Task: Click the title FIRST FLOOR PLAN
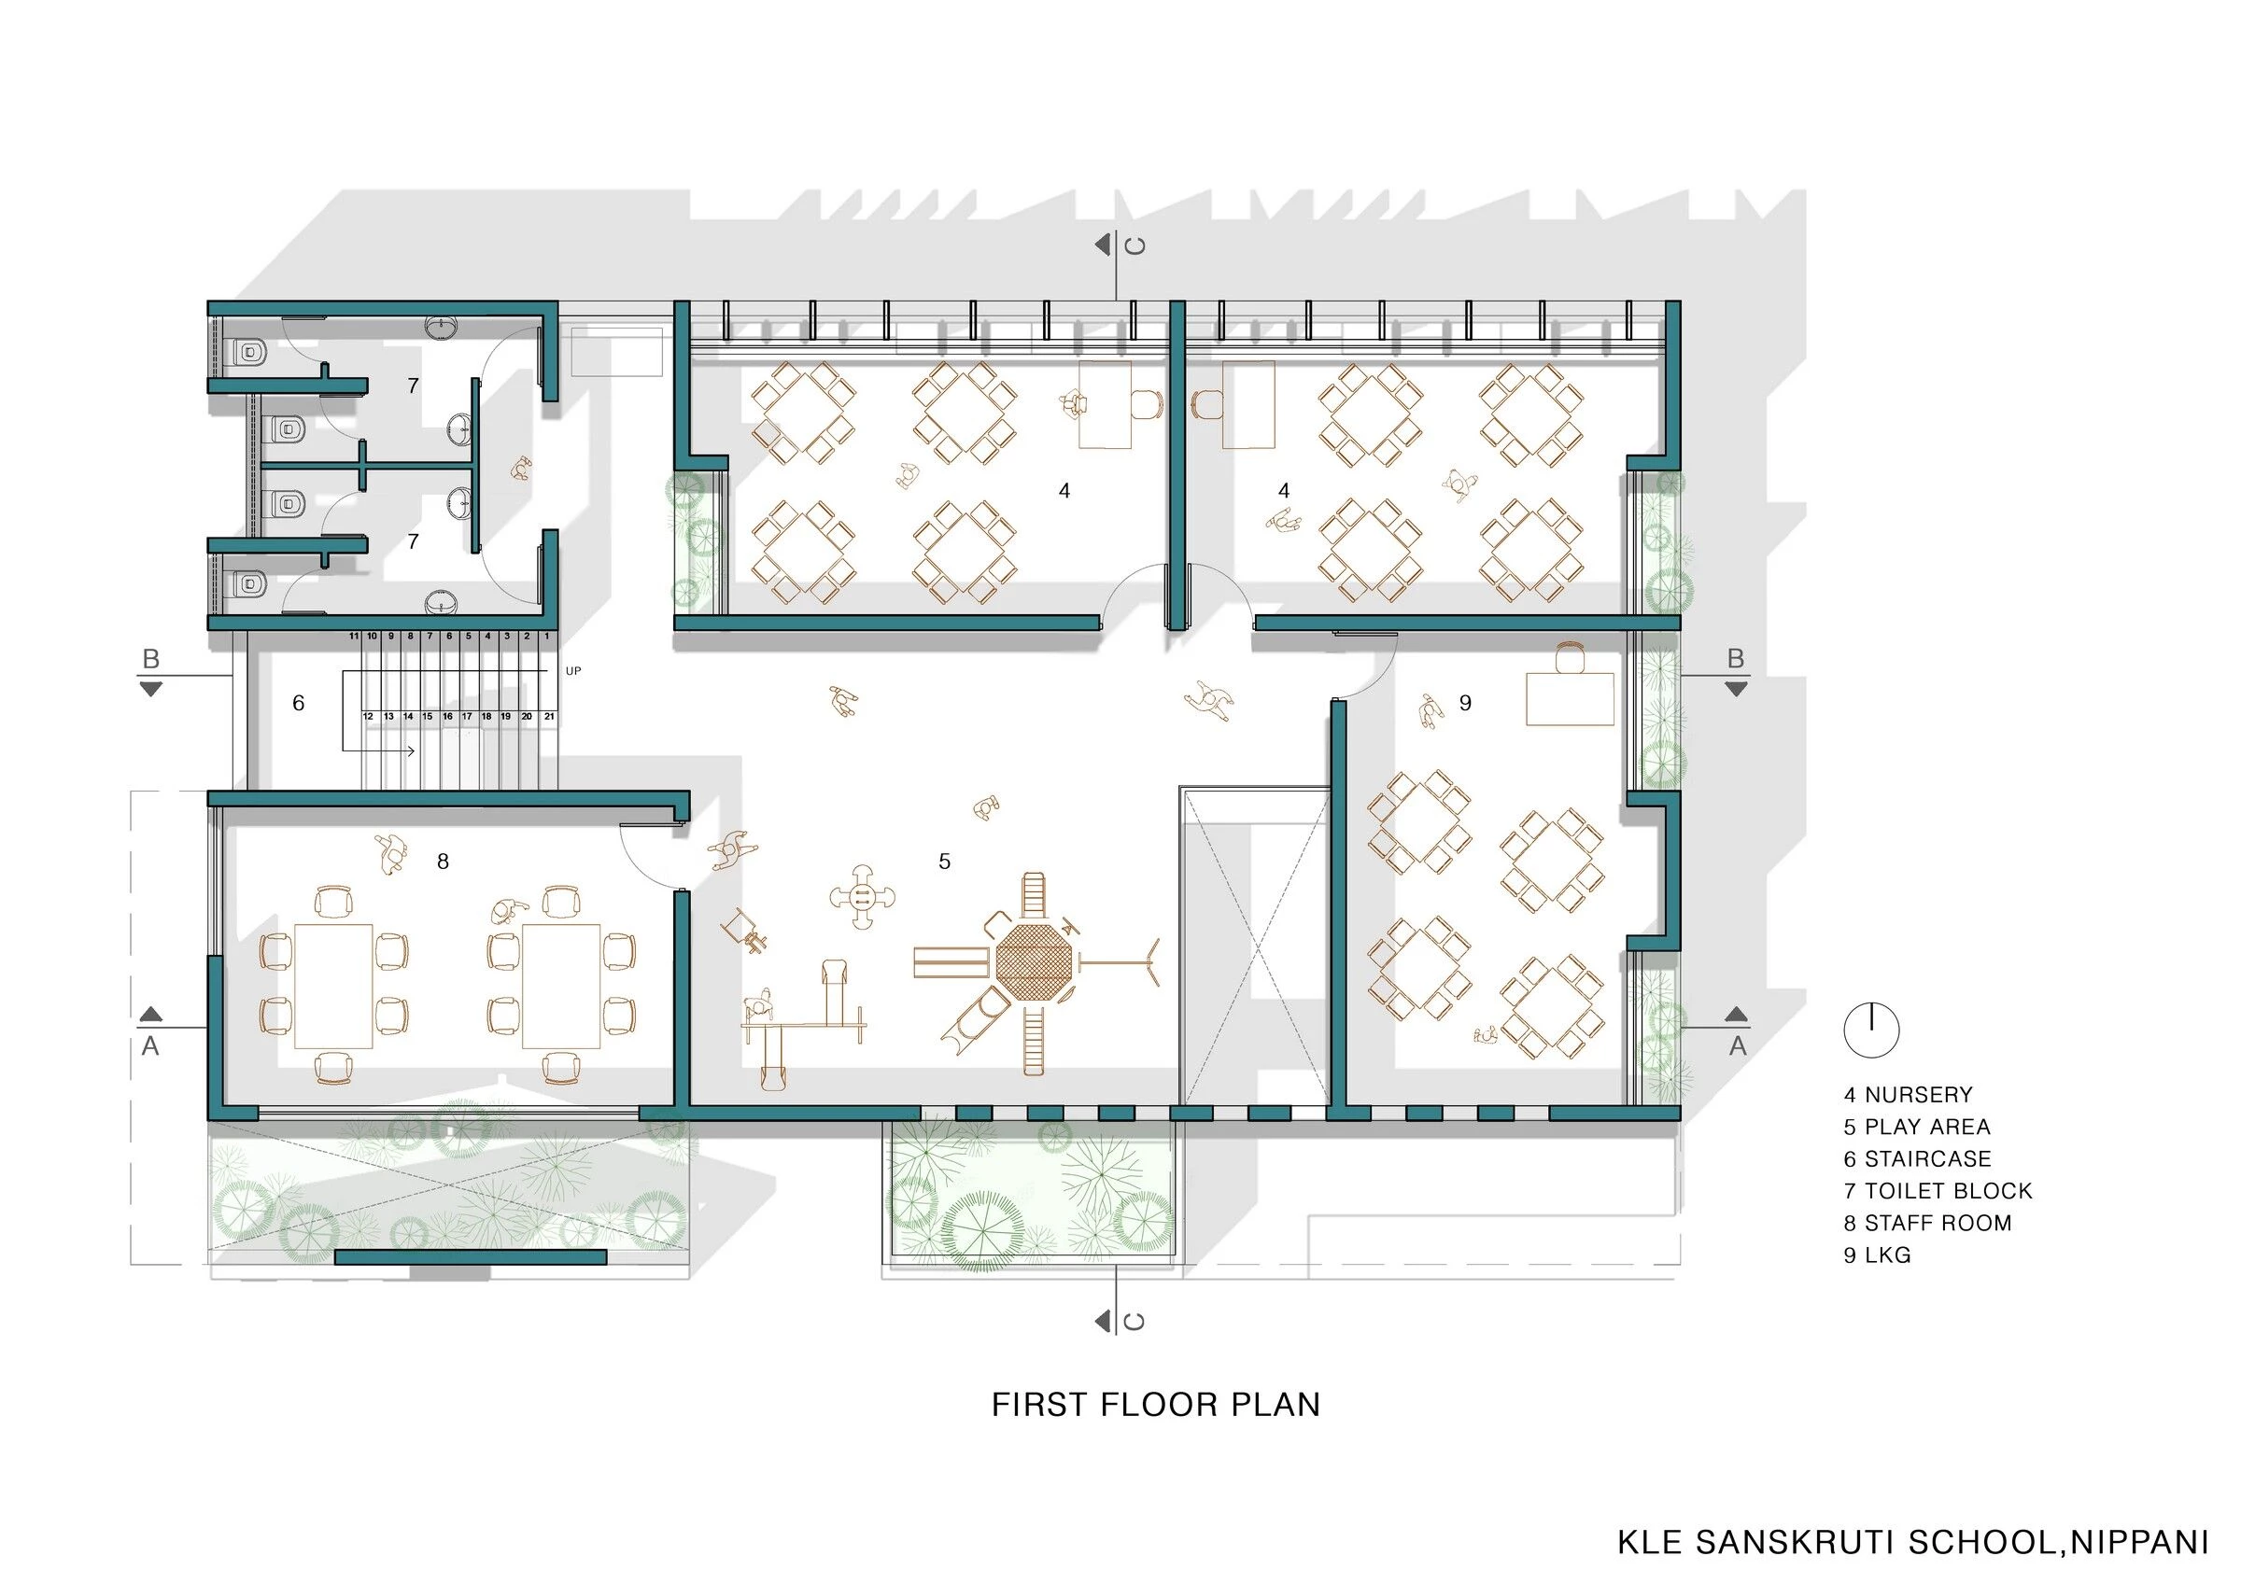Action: click(x=1156, y=1405)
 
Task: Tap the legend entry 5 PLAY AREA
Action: click(x=1917, y=1127)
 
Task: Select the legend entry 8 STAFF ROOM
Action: click(x=1927, y=1223)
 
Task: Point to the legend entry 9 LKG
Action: click(x=1877, y=1255)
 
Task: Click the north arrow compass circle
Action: click(x=1871, y=1030)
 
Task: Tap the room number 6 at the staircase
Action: click(x=299, y=703)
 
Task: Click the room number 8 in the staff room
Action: click(x=444, y=862)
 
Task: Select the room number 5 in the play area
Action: click(x=944, y=862)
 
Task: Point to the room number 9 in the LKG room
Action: click(x=1465, y=703)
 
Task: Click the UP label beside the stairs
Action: click(x=573, y=671)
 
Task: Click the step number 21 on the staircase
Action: click(x=550, y=716)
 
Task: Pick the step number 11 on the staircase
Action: click(x=353, y=637)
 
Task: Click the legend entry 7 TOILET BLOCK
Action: click(x=1938, y=1191)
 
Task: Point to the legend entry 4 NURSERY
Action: click(x=1909, y=1095)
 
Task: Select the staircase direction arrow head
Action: click(x=412, y=751)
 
